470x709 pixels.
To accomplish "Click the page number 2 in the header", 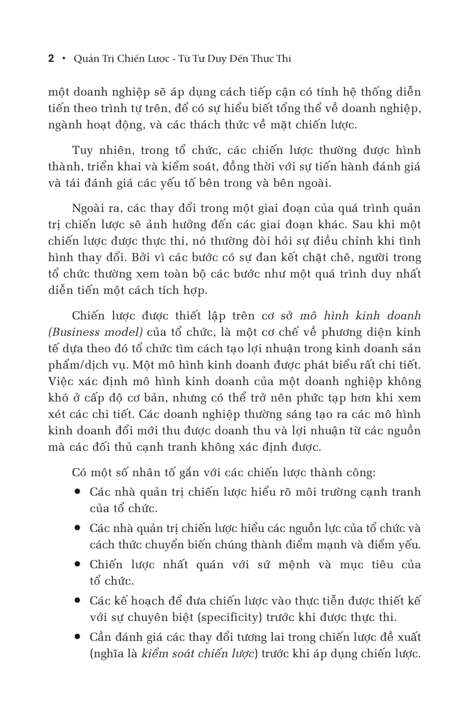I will click(x=51, y=59).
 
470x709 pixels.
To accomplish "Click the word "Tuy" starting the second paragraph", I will click(x=82, y=150).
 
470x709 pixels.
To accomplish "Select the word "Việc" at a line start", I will click(x=60, y=382).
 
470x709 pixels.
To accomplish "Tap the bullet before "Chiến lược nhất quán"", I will click(x=78, y=564).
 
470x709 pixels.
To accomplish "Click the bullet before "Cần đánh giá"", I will click(x=78, y=636).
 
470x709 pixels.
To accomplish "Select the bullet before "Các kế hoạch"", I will click(x=78, y=600).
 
